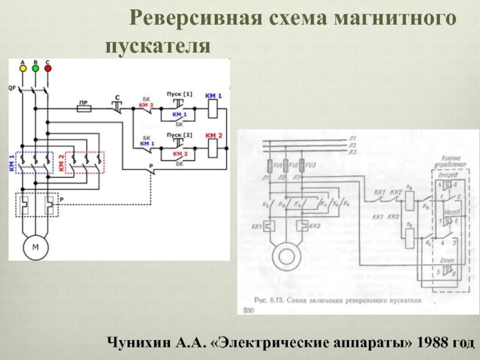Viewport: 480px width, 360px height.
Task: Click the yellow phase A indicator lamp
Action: [x=22, y=68]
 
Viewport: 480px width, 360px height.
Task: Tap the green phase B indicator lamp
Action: [x=35, y=68]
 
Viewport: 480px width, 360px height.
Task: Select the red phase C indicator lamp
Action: [x=48, y=68]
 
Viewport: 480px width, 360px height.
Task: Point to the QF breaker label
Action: [x=11, y=88]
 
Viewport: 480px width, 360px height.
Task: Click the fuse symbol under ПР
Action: [x=84, y=109]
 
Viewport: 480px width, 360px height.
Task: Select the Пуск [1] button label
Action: [x=179, y=94]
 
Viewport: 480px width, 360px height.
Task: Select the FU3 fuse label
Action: [x=310, y=164]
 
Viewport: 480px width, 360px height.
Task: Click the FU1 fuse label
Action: [x=277, y=164]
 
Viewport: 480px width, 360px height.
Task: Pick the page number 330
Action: [x=248, y=310]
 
